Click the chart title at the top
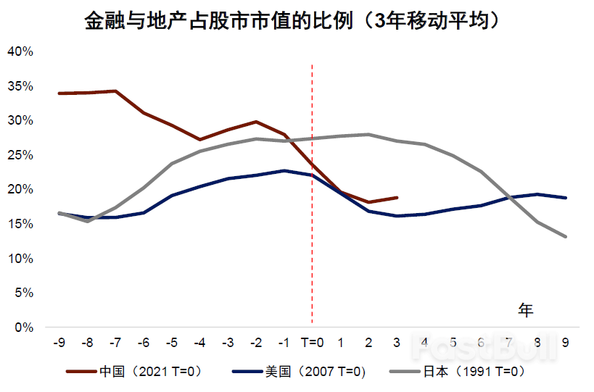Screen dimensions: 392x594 click(x=293, y=20)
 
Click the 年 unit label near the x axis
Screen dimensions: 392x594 click(x=526, y=310)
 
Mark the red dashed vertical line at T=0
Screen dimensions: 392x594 click(x=312, y=217)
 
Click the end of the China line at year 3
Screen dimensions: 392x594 click(x=397, y=197)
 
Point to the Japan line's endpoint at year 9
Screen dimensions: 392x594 click(x=565, y=236)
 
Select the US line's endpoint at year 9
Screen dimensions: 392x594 click(x=565, y=198)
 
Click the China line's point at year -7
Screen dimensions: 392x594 click(x=115, y=91)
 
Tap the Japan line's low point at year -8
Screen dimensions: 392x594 click(x=87, y=221)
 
